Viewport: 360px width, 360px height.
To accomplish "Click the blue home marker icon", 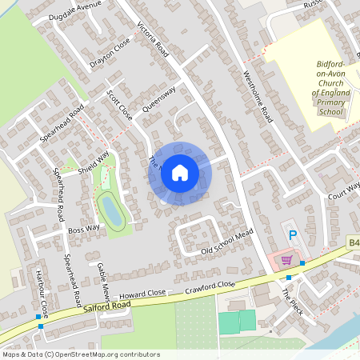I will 180,173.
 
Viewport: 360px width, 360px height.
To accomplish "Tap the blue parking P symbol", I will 293,235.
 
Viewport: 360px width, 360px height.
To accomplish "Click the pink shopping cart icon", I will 286,260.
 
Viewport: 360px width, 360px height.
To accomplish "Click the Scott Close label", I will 119,105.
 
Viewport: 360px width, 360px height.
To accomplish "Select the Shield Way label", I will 93,163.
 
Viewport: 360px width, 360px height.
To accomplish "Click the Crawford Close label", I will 210,286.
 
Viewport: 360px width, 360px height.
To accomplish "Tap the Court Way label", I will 344,192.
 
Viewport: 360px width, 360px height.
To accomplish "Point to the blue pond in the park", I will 109,210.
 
